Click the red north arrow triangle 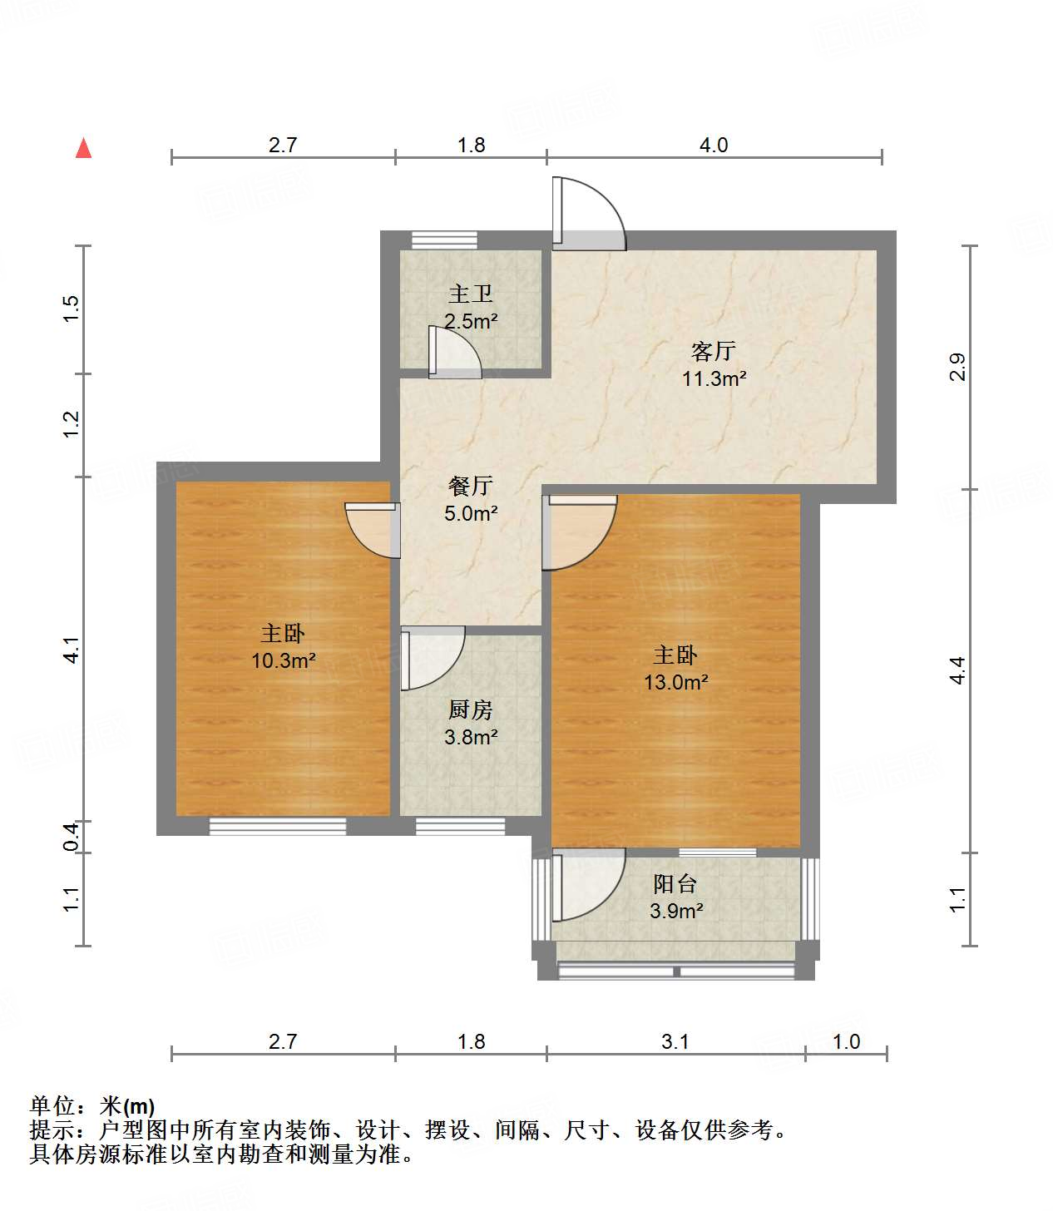coord(83,148)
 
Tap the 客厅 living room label coord(713,351)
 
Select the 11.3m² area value coord(714,378)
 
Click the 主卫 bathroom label coord(471,294)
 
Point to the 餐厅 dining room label coord(471,486)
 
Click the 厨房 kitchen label coord(471,709)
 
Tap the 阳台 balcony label coord(675,884)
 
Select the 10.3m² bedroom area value coord(283,661)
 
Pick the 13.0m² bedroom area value coord(675,683)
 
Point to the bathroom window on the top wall coord(444,240)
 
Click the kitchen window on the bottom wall coord(460,826)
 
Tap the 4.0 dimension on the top coord(713,146)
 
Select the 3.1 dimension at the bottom coord(675,1042)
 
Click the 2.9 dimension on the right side coord(957,367)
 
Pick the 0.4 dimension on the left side coord(72,836)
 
